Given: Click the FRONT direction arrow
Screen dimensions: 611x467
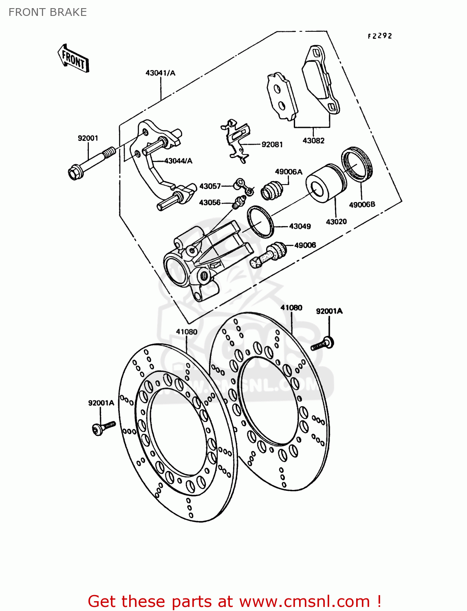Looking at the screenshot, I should (74, 59).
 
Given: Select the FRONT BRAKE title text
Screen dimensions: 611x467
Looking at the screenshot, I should (48, 12).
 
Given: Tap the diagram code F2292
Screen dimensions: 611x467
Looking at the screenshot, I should (380, 36).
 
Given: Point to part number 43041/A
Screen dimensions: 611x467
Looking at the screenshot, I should (160, 73).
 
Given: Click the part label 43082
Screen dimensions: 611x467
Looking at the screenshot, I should (313, 141).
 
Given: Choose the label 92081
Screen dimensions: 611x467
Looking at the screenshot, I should (272, 145).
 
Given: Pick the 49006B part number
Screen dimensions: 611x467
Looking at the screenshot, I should (362, 204).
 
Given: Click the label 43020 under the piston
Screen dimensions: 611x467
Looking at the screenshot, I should (336, 222).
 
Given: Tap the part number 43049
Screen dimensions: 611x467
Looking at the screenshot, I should (300, 226).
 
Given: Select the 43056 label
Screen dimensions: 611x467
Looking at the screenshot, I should (209, 202).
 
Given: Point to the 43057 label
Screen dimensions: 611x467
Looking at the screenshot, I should (209, 186).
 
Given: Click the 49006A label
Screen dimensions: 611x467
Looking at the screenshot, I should (289, 171).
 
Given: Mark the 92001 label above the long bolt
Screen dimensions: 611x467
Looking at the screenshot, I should (88, 138).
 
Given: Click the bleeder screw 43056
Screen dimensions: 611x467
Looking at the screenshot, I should (238, 202).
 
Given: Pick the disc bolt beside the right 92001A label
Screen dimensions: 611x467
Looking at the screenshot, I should (323, 344).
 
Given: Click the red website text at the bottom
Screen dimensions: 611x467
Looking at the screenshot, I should (234, 601).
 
